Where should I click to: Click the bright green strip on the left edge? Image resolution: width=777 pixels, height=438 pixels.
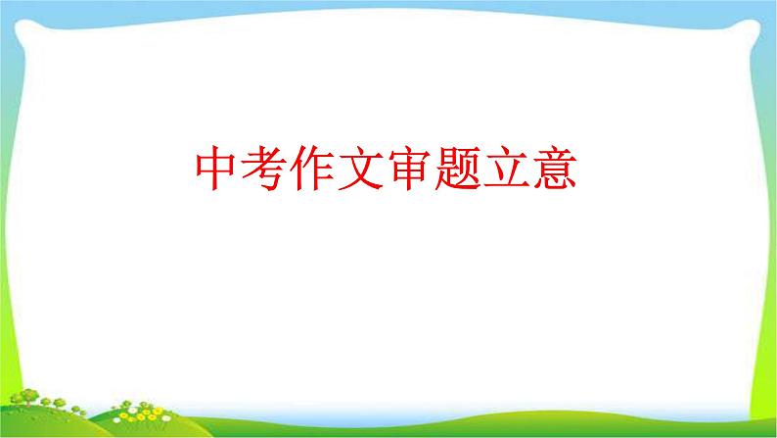click(8, 196)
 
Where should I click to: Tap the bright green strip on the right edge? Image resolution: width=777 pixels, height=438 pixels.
click(768, 196)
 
